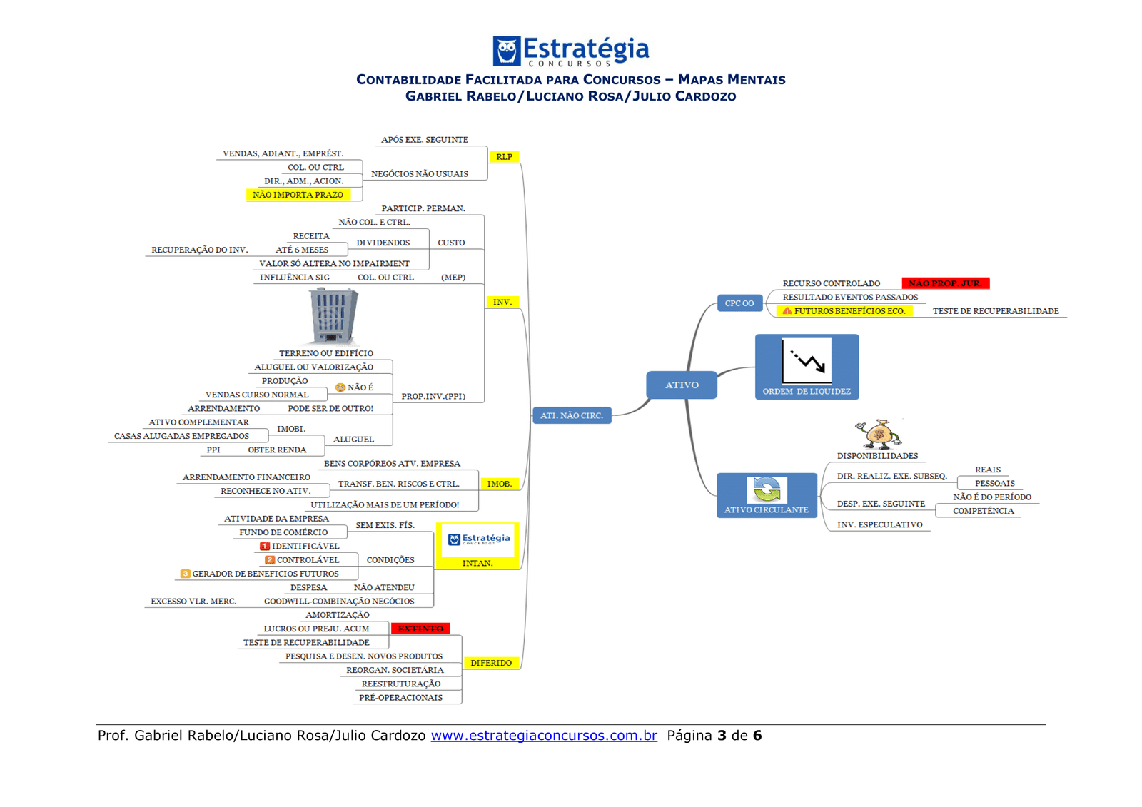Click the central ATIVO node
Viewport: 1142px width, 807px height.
click(x=682, y=385)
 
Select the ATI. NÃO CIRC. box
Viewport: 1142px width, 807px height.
click(x=572, y=415)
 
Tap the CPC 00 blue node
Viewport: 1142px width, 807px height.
click(x=739, y=303)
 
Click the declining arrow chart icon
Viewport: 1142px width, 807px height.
click(x=807, y=361)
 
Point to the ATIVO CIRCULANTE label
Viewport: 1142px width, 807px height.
click(x=767, y=510)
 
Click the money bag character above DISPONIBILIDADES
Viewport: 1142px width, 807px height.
click(x=879, y=434)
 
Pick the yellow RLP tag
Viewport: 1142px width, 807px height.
click(x=504, y=157)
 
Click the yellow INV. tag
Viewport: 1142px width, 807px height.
click(x=502, y=303)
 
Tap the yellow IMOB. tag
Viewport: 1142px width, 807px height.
click(x=500, y=484)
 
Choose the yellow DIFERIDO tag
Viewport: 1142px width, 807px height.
click(x=491, y=663)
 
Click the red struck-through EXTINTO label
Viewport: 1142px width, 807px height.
click(x=420, y=629)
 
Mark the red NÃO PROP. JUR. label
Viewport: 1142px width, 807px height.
click(x=945, y=283)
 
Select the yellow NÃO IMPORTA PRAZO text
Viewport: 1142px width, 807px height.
click(x=298, y=195)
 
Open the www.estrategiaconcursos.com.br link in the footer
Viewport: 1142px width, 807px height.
click(x=544, y=736)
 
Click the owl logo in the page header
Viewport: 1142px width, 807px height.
click(x=507, y=51)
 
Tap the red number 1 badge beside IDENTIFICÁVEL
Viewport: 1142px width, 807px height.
click(x=264, y=546)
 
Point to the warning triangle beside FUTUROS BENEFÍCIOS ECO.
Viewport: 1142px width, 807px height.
click(x=787, y=311)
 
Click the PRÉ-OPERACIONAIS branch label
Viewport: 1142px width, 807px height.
click(x=400, y=698)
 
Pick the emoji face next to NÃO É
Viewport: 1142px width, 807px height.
click(x=340, y=387)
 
